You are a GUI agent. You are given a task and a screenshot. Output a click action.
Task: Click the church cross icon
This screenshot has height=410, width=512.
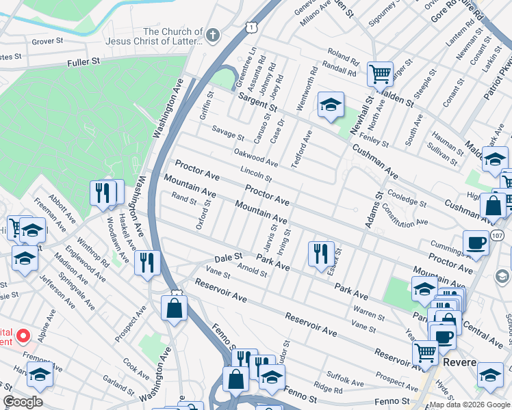pos(213,36)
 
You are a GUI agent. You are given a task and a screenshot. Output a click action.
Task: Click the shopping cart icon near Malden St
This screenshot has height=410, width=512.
pos(380,72)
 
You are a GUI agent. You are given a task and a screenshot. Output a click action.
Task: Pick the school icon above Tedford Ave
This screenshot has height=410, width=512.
pos(331,105)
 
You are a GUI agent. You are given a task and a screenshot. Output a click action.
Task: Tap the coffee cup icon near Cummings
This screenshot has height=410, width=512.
pos(476,242)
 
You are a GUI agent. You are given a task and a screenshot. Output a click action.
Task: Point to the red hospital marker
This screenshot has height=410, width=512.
pos(23,336)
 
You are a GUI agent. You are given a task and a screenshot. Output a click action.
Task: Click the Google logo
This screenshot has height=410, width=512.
pos(23,402)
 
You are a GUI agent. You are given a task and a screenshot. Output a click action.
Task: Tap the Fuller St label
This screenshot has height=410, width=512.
pos(84,61)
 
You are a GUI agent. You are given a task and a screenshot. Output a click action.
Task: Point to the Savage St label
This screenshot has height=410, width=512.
pos(227,132)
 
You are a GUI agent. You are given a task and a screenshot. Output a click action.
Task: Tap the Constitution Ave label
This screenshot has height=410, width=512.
pos(404,215)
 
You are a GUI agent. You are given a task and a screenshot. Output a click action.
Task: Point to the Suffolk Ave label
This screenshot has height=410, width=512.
pos(344,377)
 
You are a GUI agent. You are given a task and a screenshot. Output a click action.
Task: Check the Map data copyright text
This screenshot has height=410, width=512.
pos(470,405)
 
